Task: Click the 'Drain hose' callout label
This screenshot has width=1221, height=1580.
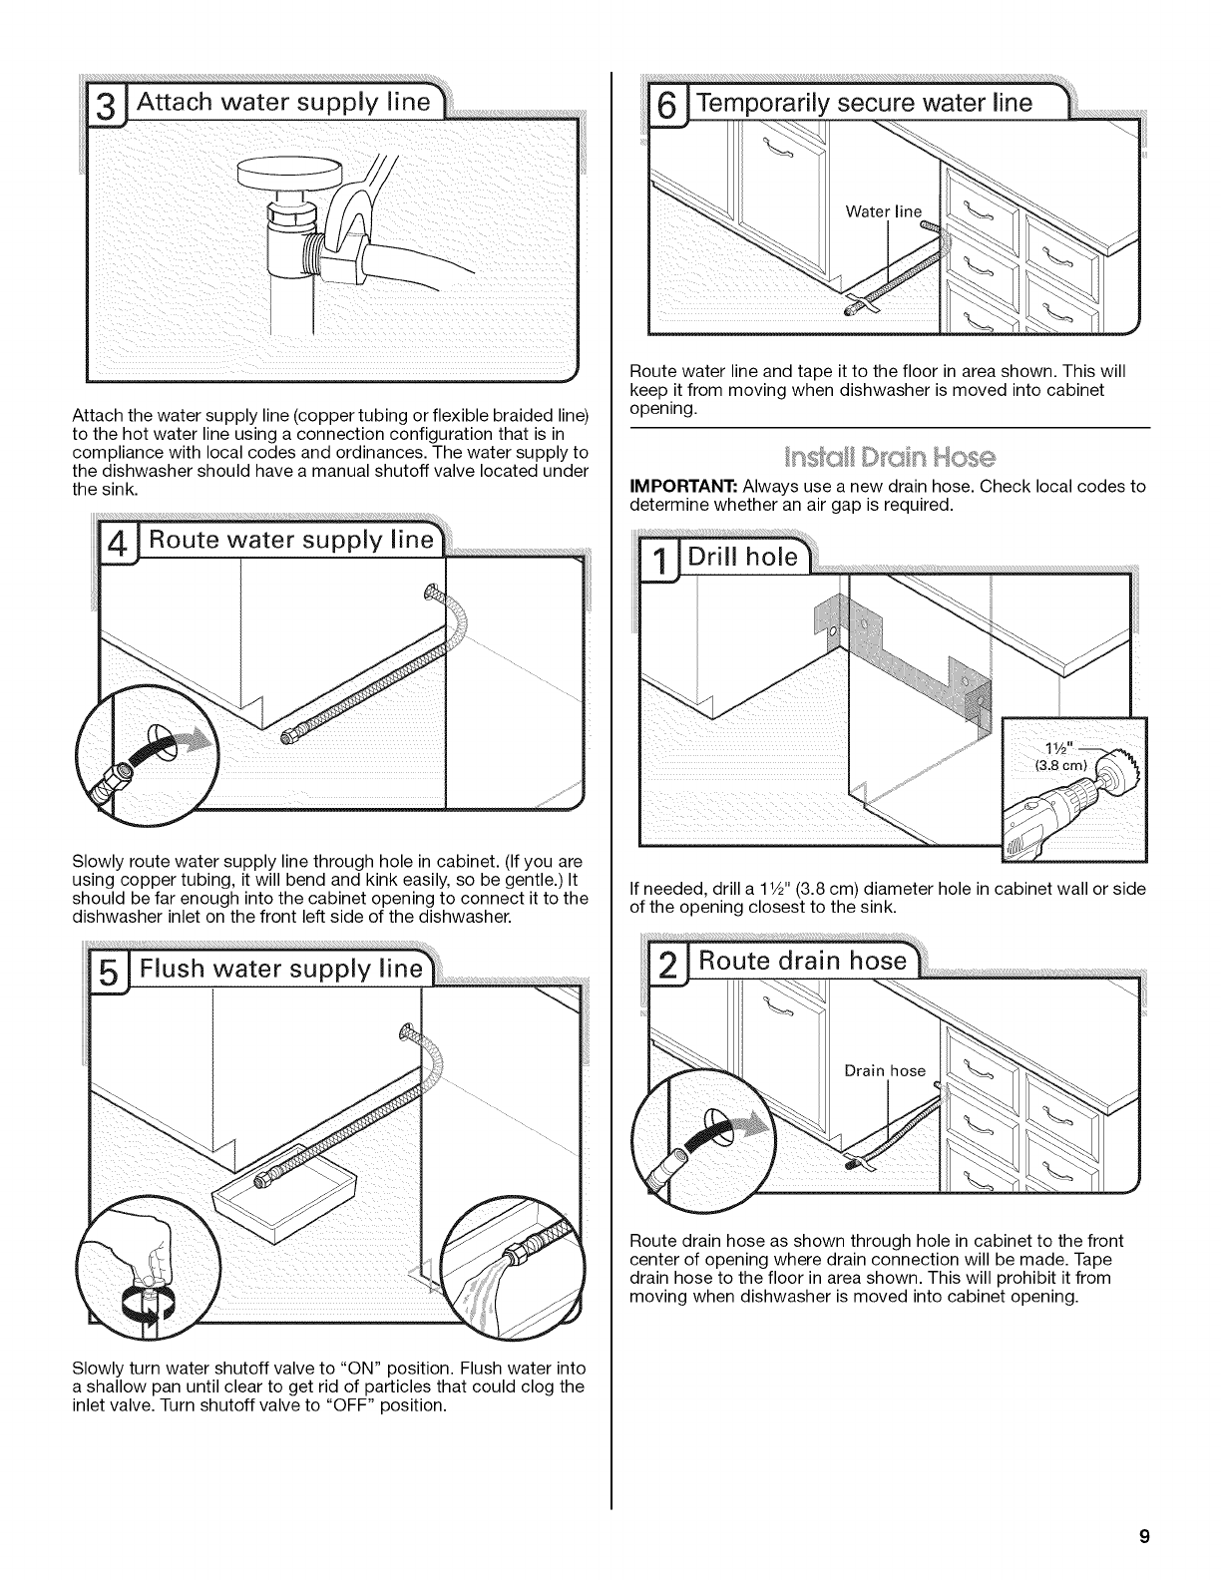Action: coord(885,1071)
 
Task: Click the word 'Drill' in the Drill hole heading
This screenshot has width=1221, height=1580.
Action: coord(731,558)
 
